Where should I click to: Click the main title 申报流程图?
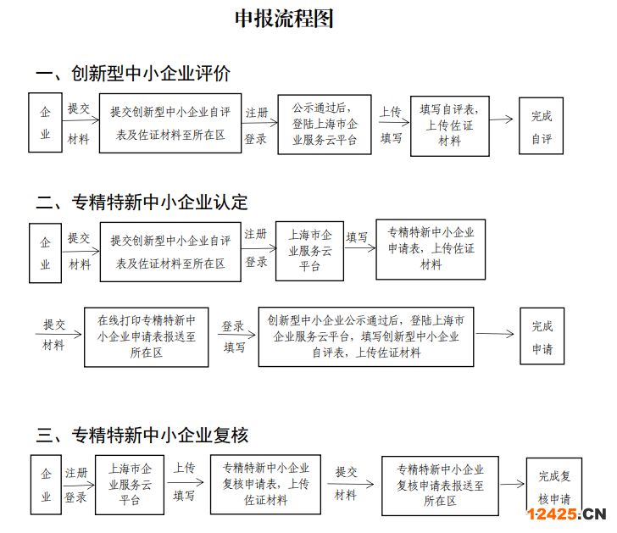(284, 19)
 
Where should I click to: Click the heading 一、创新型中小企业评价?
(133, 74)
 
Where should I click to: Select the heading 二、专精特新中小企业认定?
(142, 203)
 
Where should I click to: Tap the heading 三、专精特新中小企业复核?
(142, 436)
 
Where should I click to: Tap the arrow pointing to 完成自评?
(502, 119)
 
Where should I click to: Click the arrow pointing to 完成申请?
(495, 334)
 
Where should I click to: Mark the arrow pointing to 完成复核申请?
(512, 484)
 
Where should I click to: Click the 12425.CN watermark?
(566, 514)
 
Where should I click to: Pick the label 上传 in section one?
(391, 112)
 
